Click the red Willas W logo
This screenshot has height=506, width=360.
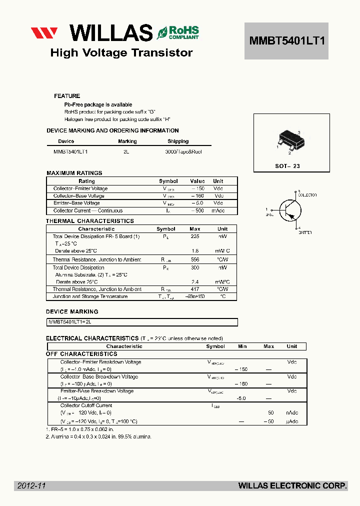44,33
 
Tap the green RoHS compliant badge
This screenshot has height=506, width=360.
178,32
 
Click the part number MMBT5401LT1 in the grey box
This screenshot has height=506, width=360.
286,41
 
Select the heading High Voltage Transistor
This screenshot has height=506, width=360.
121,53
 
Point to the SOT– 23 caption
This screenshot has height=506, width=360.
287,166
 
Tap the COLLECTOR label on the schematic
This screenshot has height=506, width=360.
307,195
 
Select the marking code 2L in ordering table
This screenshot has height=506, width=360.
126,151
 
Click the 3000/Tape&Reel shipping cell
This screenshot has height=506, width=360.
183,151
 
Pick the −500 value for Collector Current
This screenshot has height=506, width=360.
198,210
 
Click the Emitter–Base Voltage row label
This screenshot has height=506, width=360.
76,203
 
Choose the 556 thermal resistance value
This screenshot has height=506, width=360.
195,259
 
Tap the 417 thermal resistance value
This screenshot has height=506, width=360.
195,289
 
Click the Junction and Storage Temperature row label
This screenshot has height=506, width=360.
90,296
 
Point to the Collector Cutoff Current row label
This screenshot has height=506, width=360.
86,405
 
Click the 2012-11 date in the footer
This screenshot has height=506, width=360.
31,485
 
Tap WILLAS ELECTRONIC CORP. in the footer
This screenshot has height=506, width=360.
292,485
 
